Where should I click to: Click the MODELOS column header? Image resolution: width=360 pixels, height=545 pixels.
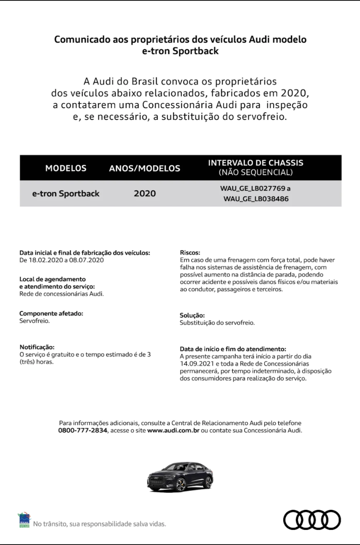66,169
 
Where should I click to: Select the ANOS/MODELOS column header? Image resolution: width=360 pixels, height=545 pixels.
144,169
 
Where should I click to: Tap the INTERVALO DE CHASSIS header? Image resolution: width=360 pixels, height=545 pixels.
256,163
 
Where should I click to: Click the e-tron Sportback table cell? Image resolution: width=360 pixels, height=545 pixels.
66,194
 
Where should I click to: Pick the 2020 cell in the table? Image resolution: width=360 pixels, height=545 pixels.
145,194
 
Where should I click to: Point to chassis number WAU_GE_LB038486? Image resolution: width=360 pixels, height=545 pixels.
256,199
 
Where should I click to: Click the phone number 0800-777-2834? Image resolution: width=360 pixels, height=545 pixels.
83,431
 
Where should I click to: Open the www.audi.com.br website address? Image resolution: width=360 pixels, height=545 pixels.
173,431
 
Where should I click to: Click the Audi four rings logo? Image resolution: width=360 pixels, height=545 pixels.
312,520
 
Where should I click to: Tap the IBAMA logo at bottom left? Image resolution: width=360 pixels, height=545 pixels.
25,520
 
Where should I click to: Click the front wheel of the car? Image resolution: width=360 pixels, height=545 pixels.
181,485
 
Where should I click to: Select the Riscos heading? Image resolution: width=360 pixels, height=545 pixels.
190,253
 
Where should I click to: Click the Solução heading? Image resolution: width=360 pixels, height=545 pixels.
192,315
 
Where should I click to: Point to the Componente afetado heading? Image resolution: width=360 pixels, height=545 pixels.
51,314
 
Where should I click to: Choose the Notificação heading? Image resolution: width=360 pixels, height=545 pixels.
37,347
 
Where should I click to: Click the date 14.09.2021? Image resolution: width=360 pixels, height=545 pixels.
194,363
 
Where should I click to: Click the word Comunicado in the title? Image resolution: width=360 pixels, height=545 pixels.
80,40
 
